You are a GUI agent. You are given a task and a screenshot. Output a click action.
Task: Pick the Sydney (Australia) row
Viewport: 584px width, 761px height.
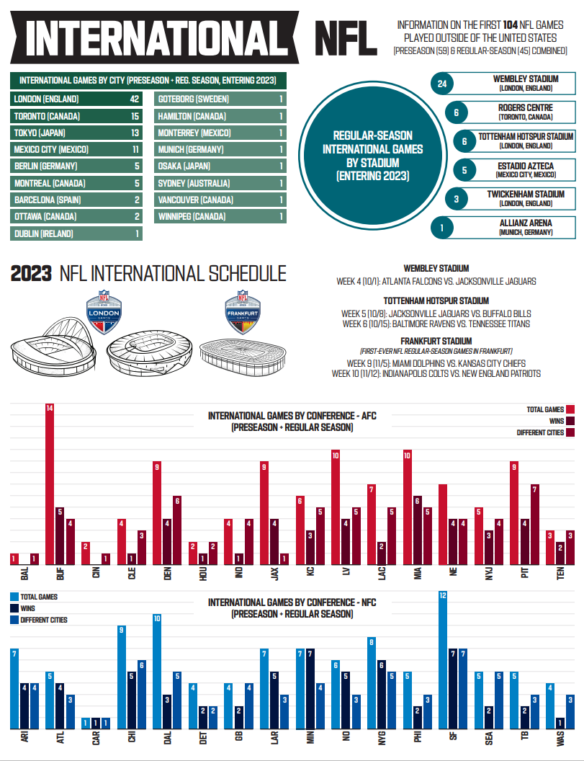coord(220,183)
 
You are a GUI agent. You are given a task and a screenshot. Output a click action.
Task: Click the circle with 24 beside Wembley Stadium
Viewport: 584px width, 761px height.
coord(442,84)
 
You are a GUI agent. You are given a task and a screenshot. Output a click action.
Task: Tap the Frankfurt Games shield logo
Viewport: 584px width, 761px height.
coord(243,311)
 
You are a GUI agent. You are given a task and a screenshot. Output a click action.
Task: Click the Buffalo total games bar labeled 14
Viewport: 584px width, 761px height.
coord(50,484)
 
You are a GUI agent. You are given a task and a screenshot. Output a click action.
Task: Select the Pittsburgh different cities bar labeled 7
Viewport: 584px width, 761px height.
coord(534,524)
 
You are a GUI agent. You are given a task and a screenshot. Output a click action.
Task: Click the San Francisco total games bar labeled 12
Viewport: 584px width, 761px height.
coord(443,659)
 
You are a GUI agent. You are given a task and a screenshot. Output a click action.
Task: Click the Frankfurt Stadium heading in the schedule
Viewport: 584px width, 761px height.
coord(436,341)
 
